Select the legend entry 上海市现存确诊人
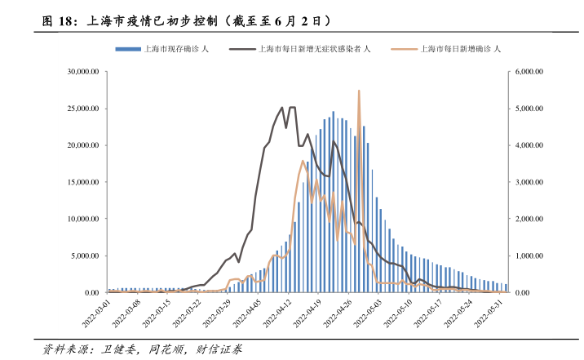(x=175, y=49)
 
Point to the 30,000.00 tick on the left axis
(x=83, y=72)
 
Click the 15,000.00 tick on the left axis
(x=83, y=182)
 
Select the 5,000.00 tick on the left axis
(x=85, y=256)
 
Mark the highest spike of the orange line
(x=359, y=91)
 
